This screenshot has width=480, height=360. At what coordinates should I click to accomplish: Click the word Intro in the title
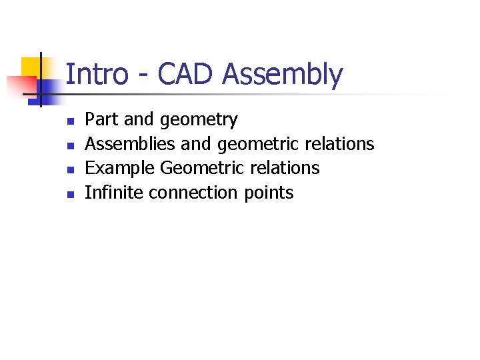click(x=97, y=75)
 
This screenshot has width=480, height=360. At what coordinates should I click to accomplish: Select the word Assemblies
click(x=131, y=144)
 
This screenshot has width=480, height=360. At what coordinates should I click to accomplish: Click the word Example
click(x=121, y=169)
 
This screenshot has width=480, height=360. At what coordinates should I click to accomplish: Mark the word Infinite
click(x=114, y=193)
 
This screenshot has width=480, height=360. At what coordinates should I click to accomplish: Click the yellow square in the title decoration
click(x=31, y=67)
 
